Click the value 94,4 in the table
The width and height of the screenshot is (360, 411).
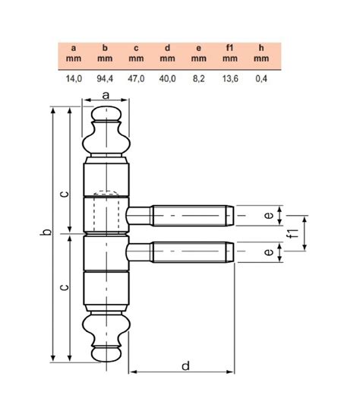coord(105,78)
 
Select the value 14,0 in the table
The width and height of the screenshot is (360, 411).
coord(74,78)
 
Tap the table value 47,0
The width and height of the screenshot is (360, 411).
coord(136,78)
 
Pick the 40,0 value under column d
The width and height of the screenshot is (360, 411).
coord(167,78)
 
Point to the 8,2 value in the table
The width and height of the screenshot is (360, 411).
coord(198,78)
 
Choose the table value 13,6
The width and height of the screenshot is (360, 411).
coord(230,78)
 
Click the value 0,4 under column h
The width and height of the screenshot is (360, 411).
coord(261,78)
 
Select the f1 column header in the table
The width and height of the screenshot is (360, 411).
coord(230,48)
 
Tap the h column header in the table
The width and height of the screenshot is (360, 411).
coord(261,48)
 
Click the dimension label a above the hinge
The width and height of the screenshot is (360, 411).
coord(106,96)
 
